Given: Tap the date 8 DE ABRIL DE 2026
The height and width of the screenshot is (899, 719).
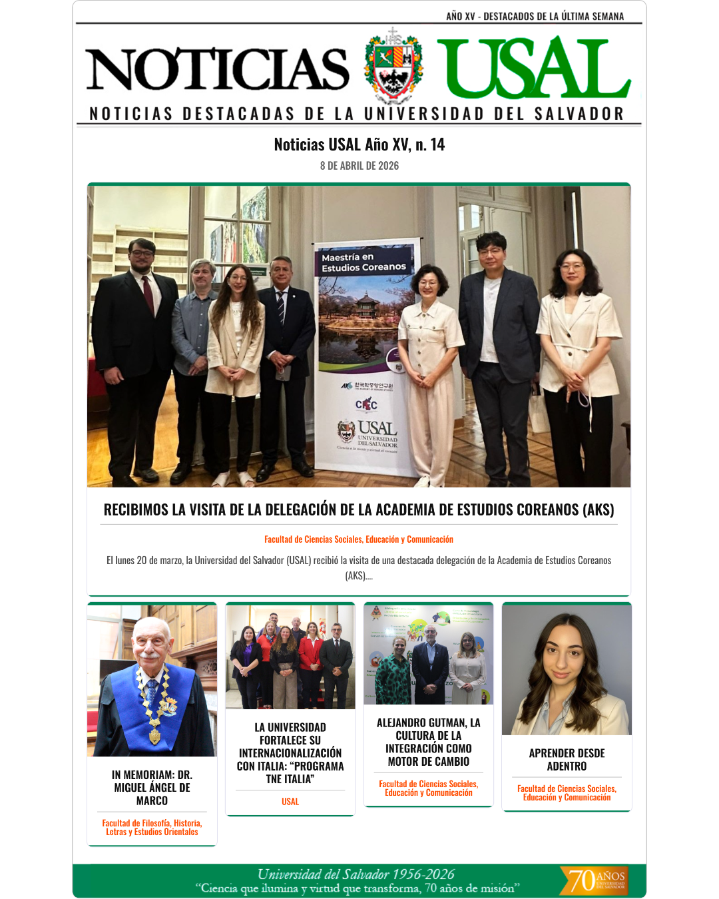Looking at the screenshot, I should pyautogui.click(x=359, y=166).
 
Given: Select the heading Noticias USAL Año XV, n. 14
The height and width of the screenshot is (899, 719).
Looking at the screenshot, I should pyautogui.click(x=359, y=145).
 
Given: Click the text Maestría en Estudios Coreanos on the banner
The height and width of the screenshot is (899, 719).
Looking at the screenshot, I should pyautogui.click(x=363, y=262).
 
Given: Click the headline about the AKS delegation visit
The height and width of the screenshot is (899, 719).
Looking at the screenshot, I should pyautogui.click(x=359, y=509).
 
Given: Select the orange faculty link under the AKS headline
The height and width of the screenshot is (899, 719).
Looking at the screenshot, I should pyautogui.click(x=359, y=539).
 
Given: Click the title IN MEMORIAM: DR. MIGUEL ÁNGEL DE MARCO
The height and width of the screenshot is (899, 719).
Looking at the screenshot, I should pyautogui.click(x=152, y=788).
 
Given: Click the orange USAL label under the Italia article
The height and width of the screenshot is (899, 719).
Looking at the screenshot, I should pyautogui.click(x=290, y=802).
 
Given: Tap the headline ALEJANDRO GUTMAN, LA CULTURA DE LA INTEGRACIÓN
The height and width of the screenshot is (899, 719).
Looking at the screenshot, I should pyautogui.click(x=429, y=742).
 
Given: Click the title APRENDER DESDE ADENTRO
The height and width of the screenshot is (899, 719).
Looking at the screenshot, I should pyautogui.click(x=567, y=760).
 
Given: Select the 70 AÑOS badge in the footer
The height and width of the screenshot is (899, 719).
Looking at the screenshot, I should pyautogui.click(x=595, y=880).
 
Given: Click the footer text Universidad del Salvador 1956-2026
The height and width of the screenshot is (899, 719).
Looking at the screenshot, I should pyautogui.click(x=356, y=874).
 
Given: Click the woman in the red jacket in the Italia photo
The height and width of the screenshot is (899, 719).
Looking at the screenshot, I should pyautogui.click(x=310, y=659).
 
